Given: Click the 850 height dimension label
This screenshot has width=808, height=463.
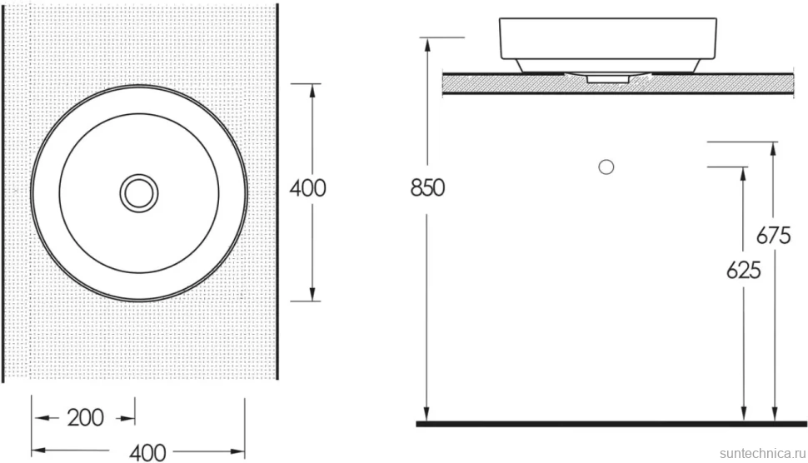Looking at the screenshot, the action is click(x=427, y=188).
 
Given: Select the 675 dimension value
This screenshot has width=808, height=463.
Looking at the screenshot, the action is click(x=773, y=236).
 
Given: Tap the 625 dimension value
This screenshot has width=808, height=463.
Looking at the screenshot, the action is click(x=743, y=270).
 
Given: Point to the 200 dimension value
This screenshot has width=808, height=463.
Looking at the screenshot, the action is click(x=86, y=418).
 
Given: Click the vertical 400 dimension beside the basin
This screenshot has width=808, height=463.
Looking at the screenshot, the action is click(x=307, y=188).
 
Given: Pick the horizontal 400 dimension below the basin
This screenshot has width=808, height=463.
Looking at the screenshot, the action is click(x=147, y=453).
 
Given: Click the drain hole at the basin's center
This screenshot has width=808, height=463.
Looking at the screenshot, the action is click(x=139, y=193).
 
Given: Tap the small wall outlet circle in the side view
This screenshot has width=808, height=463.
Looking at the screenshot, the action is click(x=606, y=167).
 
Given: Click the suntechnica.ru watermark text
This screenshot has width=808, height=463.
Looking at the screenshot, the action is click(x=762, y=453).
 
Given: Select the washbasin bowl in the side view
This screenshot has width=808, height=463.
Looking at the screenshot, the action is click(x=608, y=45).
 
